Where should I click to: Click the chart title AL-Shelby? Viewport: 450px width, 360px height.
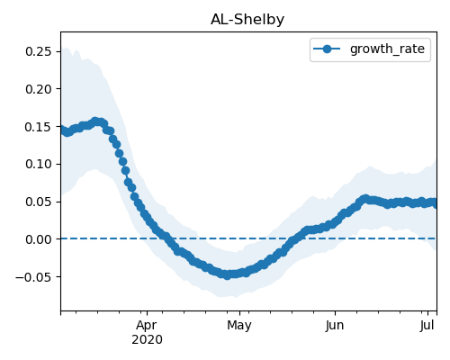pyautogui.click(x=247, y=20)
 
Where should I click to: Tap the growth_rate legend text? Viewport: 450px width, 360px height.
pyautogui.click(x=387, y=49)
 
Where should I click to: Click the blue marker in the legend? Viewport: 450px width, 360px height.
pyautogui.click(x=327, y=49)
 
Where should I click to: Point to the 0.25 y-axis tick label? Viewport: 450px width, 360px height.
pyautogui.click(x=38, y=51)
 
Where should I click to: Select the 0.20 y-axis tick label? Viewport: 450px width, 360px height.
pyautogui.click(x=38, y=89)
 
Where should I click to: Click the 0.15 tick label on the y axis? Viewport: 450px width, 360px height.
pyautogui.click(x=38, y=127)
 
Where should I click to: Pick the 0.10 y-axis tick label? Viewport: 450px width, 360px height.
pyautogui.click(x=38, y=164)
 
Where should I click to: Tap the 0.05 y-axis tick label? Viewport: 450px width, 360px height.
pyautogui.click(x=38, y=202)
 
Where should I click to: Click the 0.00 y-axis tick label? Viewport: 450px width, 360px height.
pyautogui.click(x=38, y=239)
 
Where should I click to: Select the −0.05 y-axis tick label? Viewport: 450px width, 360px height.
pyautogui.click(x=33, y=277)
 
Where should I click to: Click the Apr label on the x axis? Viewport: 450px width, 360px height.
pyautogui.click(x=147, y=326)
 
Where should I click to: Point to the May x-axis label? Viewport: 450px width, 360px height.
pyautogui.click(x=239, y=326)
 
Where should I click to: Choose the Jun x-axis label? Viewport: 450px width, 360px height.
pyautogui.click(x=335, y=326)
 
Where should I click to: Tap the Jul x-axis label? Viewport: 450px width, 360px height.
pyautogui.click(x=427, y=326)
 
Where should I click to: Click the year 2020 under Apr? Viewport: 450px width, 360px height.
pyautogui.click(x=147, y=339)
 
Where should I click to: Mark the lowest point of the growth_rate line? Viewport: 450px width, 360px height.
pyautogui.click(x=228, y=275)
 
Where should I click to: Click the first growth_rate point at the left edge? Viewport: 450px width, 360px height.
pyautogui.click(x=61, y=130)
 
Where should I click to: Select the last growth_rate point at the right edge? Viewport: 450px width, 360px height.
pyautogui.click(x=435, y=203)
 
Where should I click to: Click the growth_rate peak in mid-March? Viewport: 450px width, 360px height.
pyautogui.click(x=95, y=121)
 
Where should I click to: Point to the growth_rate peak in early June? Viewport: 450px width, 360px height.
pyautogui.click(x=365, y=199)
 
